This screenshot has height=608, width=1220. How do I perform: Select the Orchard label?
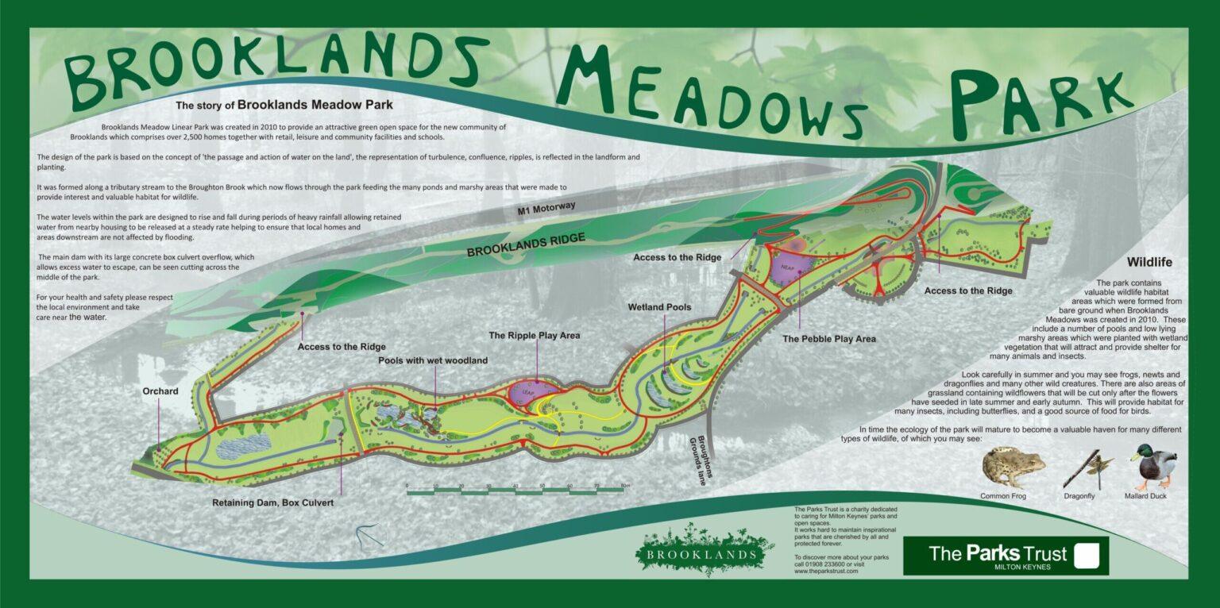[x=160, y=391]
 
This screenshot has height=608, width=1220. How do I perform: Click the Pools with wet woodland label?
[x=432, y=360]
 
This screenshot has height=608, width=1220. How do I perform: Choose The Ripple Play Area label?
[x=534, y=336]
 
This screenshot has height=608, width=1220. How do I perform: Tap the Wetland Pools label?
[x=659, y=307]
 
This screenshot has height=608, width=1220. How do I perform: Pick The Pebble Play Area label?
[x=828, y=339]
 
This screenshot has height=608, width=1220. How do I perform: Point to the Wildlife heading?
[x=1149, y=262]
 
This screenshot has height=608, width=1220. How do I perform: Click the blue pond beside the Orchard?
[x=243, y=447]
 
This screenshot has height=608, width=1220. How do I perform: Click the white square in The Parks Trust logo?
[x=1087, y=555]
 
